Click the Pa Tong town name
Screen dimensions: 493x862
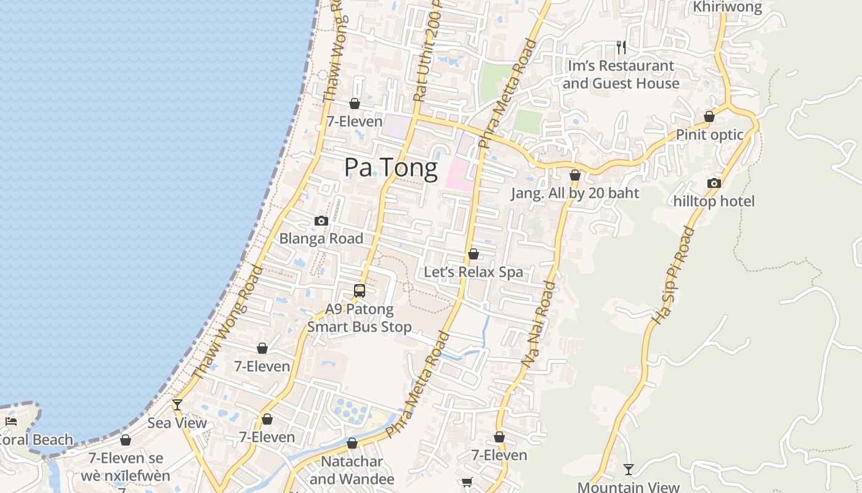tap(391, 168)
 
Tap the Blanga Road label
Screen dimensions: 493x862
tap(321, 238)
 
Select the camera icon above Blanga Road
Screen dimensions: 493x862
tap(321, 221)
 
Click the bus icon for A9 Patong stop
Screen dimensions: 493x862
tap(360, 290)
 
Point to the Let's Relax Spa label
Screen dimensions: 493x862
tap(473, 272)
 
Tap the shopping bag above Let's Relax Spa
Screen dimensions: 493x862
tap(473, 254)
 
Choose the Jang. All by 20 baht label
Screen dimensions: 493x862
tap(575, 193)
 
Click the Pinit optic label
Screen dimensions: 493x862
tap(709, 134)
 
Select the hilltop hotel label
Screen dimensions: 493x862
tap(714, 201)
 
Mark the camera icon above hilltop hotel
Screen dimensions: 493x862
tap(714, 183)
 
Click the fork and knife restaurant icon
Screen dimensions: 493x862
tap(621, 47)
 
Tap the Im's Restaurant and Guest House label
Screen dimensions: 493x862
tap(621, 75)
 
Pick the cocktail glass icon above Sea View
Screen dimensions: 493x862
tap(177, 405)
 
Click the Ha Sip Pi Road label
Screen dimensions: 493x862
tap(674, 276)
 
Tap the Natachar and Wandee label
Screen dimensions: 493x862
tap(352, 470)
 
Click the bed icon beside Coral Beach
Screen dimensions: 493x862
tap(11, 422)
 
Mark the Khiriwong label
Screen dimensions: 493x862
tap(727, 7)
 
